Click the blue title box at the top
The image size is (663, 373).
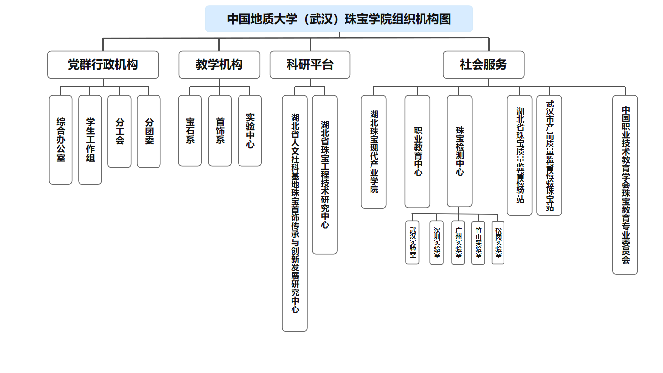point(339,19)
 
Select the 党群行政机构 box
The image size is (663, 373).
point(103,64)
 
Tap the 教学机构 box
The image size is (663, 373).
point(219,64)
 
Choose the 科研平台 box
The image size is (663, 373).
point(310,64)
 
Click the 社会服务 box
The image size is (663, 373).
point(483,64)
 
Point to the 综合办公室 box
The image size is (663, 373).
point(60,140)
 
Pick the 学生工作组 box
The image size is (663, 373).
point(90,140)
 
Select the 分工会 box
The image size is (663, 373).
point(119,132)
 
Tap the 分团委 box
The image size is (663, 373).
point(149,132)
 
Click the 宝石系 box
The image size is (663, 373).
point(190,131)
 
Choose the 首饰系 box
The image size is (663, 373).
point(220,131)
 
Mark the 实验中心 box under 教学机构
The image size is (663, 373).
point(250,131)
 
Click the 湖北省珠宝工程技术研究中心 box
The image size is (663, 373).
point(325,175)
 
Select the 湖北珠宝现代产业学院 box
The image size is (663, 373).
point(373,152)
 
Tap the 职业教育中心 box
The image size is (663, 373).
point(417,151)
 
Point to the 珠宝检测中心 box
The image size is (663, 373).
point(459,151)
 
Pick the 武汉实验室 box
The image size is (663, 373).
point(412,242)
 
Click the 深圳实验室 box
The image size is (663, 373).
point(437,242)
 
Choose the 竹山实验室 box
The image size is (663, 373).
point(478,243)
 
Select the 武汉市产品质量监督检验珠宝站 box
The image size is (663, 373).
point(549,156)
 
